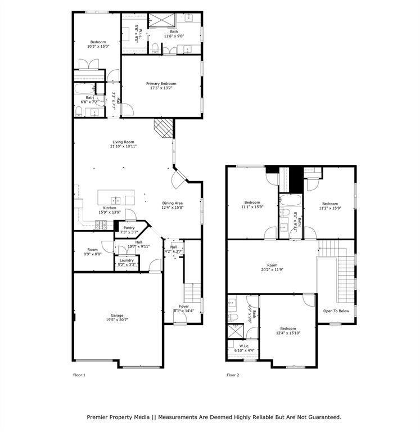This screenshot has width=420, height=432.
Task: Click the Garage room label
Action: pyautogui.click(x=117, y=316)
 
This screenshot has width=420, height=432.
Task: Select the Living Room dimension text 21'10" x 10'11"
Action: pyautogui.click(x=124, y=146)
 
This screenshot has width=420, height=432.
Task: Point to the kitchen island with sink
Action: pyautogui.click(x=116, y=199)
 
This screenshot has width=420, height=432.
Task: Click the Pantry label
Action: pyautogui.click(x=129, y=227)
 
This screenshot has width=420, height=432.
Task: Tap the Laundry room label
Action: pyautogui.click(x=126, y=260)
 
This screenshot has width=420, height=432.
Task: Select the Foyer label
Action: pyautogui.click(x=183, y=307)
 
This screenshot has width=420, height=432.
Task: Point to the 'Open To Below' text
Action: pyautogui.click(x=336, y=310)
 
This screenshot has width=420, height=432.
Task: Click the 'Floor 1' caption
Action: pyautogui.click(x=79, y=375)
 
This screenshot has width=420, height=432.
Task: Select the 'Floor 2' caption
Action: pyautogui.click(x=233, y=375)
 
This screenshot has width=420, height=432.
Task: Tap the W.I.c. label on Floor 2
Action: pyautogui.click(x=244, y=346)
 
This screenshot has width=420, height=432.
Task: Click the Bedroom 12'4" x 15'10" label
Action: pyautogui.click(x=288, y=328)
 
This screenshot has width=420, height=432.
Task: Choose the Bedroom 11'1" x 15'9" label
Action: pyautogui.click(x=252, y=202)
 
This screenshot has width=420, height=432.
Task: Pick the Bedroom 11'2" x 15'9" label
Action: pyautogui.click(x=330, y=204)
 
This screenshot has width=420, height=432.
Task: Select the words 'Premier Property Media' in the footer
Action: pyautogui.click(x=118, y=417)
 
